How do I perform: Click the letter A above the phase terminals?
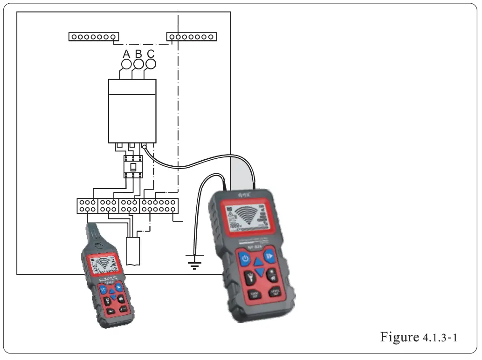(x=126, y=54)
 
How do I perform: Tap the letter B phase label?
(x=138, y=54)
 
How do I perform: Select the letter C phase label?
(x=151, y=54)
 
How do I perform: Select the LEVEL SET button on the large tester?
(x=275, y=292)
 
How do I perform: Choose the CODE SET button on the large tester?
(x=254, y=294)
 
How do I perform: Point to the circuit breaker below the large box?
(x=132, y=166)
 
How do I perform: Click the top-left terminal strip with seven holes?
(x=93, y=36)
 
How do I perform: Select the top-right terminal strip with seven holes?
(x=191, y=36)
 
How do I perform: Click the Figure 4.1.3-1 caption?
(x=419, y=337)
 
